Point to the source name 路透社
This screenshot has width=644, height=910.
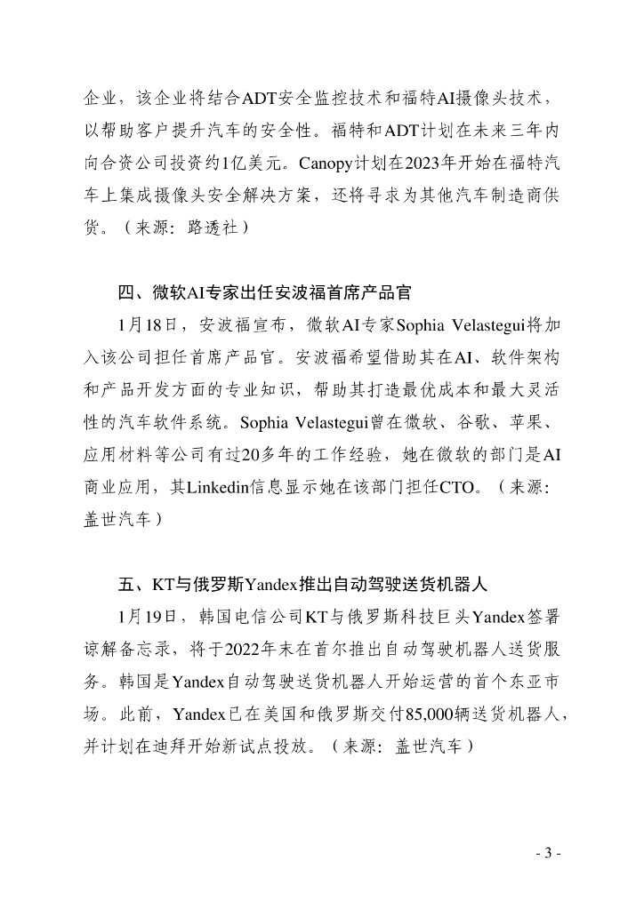pyautogui.click(x=212, y=227)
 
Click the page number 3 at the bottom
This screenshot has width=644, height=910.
pyautogui.click(x=549, y=854)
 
